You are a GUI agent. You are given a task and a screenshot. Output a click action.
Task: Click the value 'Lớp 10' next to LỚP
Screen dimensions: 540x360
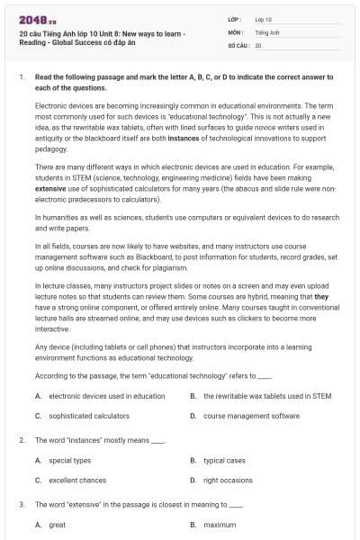[x=263, y=19]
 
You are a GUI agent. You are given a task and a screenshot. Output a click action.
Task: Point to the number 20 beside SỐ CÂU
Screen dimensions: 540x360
[x=258, y=44]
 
